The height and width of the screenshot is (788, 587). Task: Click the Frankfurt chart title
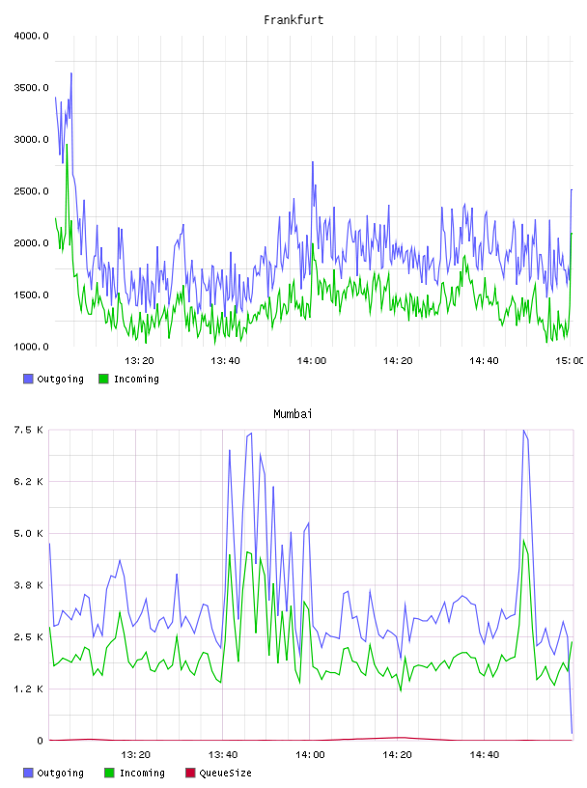click(293, 19)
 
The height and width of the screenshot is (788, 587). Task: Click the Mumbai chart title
click(293, 413)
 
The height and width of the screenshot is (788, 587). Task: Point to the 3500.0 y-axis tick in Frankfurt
click(31, 88)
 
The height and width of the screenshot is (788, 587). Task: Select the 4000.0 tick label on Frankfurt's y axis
click(31, 36)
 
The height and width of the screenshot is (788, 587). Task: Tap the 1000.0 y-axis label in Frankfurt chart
click(31, 347)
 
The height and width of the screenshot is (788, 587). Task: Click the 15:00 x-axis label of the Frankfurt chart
click(570, 360)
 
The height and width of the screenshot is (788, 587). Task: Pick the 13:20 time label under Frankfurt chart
click(139, 360)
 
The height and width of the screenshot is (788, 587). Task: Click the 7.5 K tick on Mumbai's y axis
click(29, 430)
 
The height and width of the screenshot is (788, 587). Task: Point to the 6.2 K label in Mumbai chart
click(29, 482)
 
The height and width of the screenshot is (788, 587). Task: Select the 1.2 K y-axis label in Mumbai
click(29, 689)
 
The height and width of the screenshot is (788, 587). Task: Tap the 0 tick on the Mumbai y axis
click(40, 741)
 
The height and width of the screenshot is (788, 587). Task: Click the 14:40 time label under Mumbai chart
click(485, 754)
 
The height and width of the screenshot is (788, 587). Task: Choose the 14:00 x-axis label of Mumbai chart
click(310, 754)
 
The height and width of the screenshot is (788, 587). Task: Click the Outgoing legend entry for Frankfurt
click(54, 379)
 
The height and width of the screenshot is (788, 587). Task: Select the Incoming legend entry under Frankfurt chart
click(129, 379)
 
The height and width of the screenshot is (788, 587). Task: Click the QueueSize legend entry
click(218, 773)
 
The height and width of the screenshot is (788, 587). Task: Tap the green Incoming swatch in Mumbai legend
click(109, 773)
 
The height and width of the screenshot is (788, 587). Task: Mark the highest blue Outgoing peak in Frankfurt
click(71, 73)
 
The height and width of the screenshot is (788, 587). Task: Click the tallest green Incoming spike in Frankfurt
click(67, 145)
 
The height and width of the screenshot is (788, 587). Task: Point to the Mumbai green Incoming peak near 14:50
click(523, 541)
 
